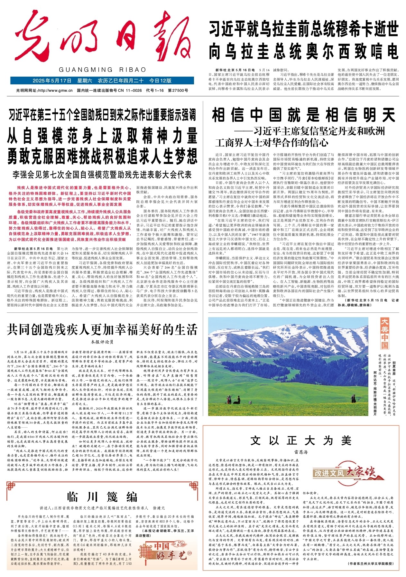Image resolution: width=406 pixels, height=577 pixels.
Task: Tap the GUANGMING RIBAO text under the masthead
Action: pos(103,70)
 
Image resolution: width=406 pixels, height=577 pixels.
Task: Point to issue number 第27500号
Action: pos(178,90)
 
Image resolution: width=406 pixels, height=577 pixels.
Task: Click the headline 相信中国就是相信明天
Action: pos(303,115)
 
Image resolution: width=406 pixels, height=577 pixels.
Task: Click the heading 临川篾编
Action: pos(102,497)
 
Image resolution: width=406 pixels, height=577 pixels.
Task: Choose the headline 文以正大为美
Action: pos(301,440)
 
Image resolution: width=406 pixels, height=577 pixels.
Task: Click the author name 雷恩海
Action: pos(301,452)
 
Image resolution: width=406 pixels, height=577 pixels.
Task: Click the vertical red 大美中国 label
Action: pos(384,334)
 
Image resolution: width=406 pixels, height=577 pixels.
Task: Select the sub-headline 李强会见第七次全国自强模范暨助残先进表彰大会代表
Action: pos(102,175)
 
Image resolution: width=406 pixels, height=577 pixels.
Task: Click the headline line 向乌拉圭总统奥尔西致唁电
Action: pos(303,52)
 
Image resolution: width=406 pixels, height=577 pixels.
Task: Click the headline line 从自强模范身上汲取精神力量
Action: pos(102,136)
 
